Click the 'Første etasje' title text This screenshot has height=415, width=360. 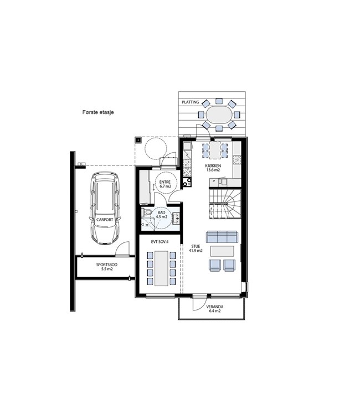(98, 112)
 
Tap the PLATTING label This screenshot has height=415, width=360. (190, 102)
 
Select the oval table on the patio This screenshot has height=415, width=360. (219, 115)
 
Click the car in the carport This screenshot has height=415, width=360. (105, 208)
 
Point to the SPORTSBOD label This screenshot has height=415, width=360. (107, 264)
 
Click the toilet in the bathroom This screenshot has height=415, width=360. (146, 212)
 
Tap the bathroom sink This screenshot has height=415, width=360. (177, 218)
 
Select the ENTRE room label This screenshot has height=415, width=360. (164, 182)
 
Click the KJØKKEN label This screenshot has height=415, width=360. (213, 166)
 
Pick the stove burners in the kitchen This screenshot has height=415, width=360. (187, 182)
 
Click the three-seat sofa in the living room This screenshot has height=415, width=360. (222, 237)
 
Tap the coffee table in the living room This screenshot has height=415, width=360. (222, 251)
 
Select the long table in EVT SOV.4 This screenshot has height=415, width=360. (161, 268)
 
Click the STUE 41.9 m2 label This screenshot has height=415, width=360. (196, 248)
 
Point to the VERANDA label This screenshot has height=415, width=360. (215, 307)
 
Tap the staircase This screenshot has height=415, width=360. (225, 204)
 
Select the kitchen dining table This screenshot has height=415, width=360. (215, 151)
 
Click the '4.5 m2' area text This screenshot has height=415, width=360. (161, 216)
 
